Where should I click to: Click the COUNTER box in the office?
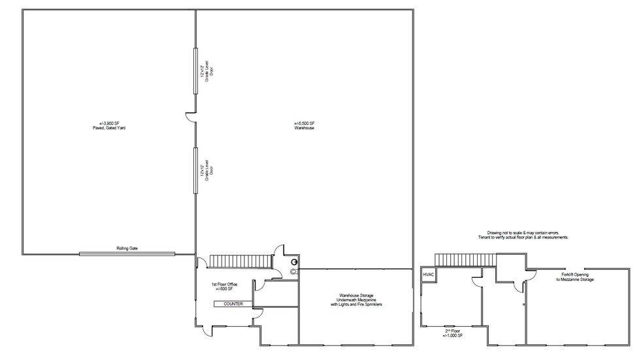pyautogui.click(x=233, y=304)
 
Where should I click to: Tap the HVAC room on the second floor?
pyautogui.click(x=429, y=275)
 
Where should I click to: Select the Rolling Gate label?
pyautogui.click(x=127, y=248)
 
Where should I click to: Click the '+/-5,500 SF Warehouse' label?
pyautogui.click(x=305, y=125)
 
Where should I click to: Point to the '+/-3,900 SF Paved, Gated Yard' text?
pyautogui.click(x=108, y=125)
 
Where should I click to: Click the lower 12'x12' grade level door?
pyautogui.click(x=195, y=169)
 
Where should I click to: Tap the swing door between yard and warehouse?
pyautogui.click(x=190, y=118)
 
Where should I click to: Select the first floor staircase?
pyautogui.click(x=240, y=261)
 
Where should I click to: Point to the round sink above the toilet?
pyautogui.click(x=294, y=261)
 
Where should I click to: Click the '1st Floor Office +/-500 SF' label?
pyautogui.click(x=223, y=287)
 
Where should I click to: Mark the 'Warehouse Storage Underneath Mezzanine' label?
pyautogui.click(x=356, y=300)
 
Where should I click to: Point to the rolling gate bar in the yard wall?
pyautogui.click(x=127, y=254)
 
